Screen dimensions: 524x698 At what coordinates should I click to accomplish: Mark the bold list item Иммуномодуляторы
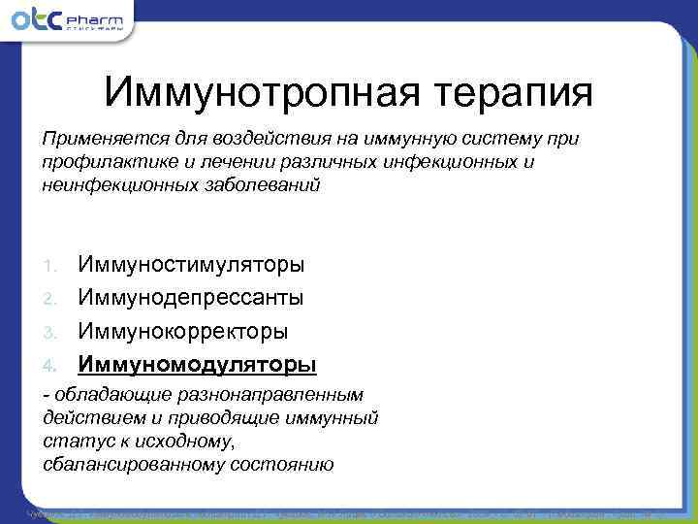[197, 364]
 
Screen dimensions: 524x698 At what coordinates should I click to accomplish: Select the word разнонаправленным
[280, 395]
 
